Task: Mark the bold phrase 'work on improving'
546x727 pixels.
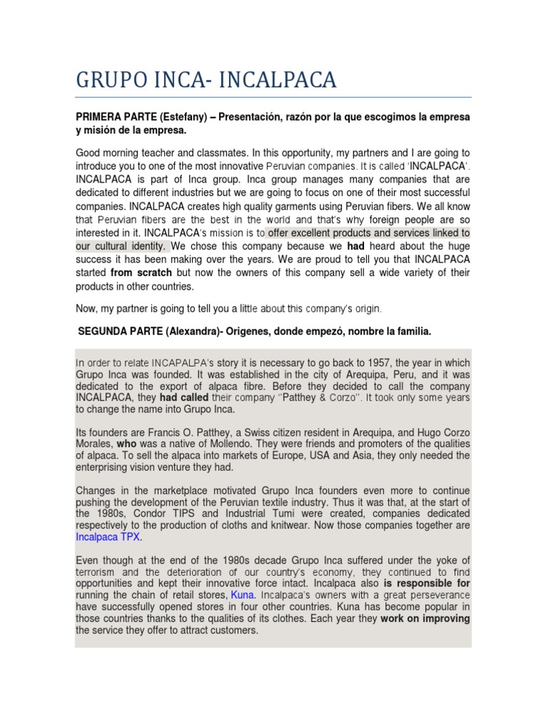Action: [425, 618]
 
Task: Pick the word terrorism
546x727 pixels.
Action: [97, 572]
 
